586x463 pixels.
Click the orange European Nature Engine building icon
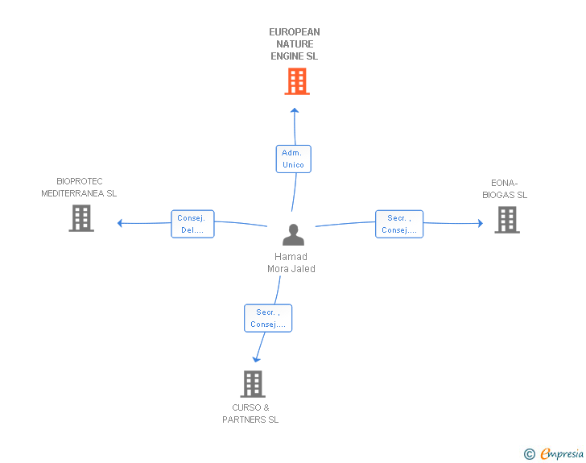297,81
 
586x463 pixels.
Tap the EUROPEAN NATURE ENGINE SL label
295,44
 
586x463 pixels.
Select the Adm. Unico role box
293,159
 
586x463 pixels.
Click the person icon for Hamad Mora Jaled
293,234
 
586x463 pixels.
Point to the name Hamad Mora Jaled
291,263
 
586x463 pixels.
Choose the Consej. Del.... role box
192,224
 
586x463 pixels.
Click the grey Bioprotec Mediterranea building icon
81,218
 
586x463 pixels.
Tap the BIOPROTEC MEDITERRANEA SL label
79,188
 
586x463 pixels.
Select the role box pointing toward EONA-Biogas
399,224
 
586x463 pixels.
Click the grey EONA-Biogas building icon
506,220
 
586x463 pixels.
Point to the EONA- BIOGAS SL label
505,189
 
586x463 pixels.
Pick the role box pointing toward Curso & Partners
267,318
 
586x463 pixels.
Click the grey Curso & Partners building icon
252,384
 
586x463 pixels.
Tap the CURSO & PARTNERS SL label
250,413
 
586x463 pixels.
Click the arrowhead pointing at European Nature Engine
295,110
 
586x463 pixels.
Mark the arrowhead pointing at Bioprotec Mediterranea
120,223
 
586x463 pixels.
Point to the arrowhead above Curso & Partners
256,358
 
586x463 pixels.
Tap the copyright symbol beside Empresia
530,454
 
